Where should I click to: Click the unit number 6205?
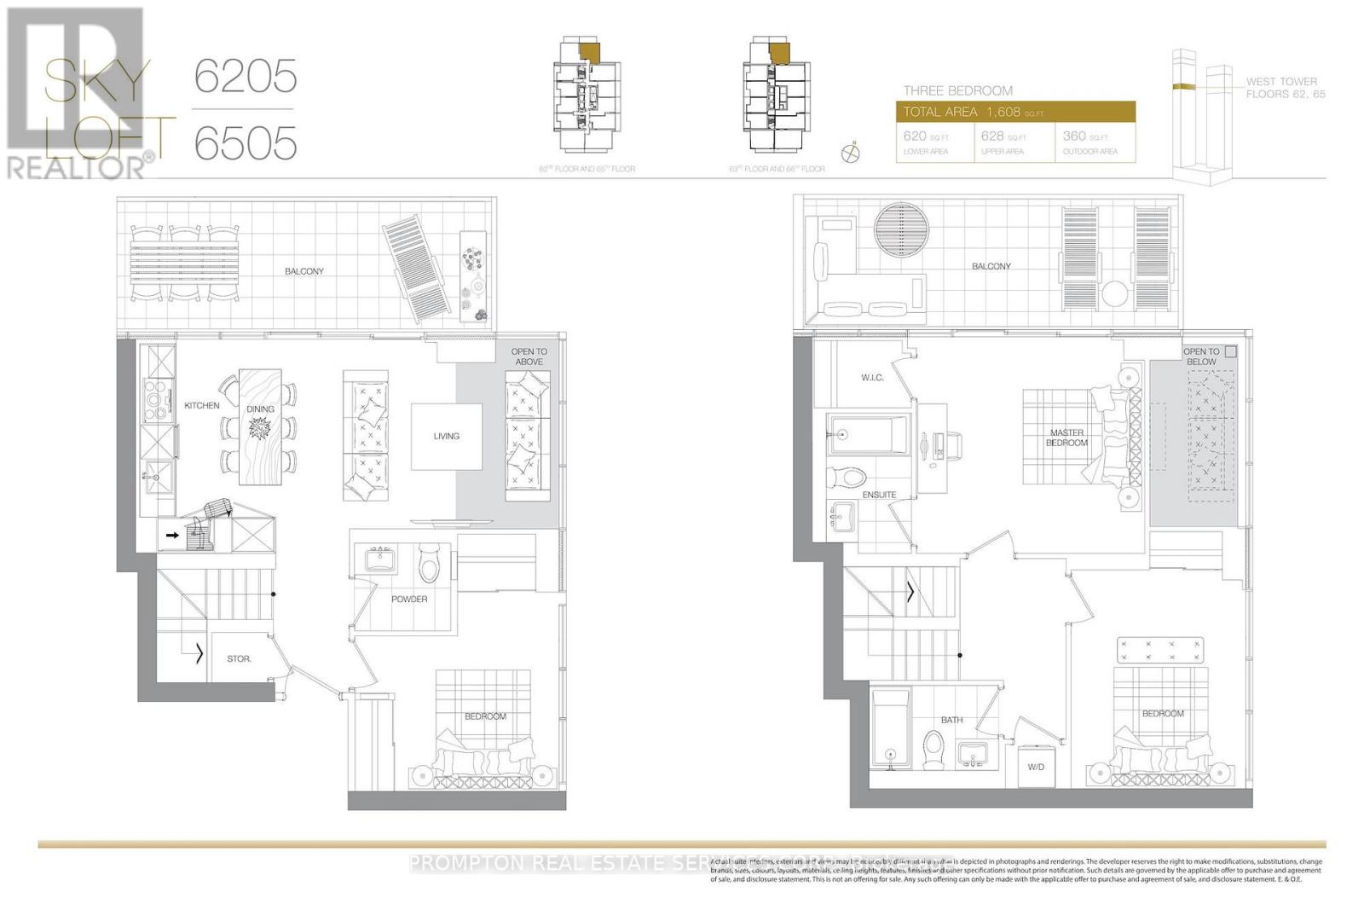coord(246,77)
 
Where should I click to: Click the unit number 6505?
coord(246,142)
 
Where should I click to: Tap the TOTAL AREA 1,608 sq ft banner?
coord(1014,112)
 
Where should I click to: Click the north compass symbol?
coord(850,154)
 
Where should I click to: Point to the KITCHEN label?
coord(202,406)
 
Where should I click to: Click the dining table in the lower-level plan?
coord(260,426)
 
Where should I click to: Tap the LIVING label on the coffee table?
coord(446,436)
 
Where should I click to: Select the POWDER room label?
coord(409,599)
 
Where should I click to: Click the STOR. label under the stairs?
coord(239,658)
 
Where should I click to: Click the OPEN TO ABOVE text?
coord(529,356)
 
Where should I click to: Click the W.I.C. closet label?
coord(872,377)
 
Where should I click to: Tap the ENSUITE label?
coord(879,495)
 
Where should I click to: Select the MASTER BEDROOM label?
coord(1066,438)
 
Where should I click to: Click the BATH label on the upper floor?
coord(951,720)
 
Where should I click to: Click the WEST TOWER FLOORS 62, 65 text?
coord(1285,88)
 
